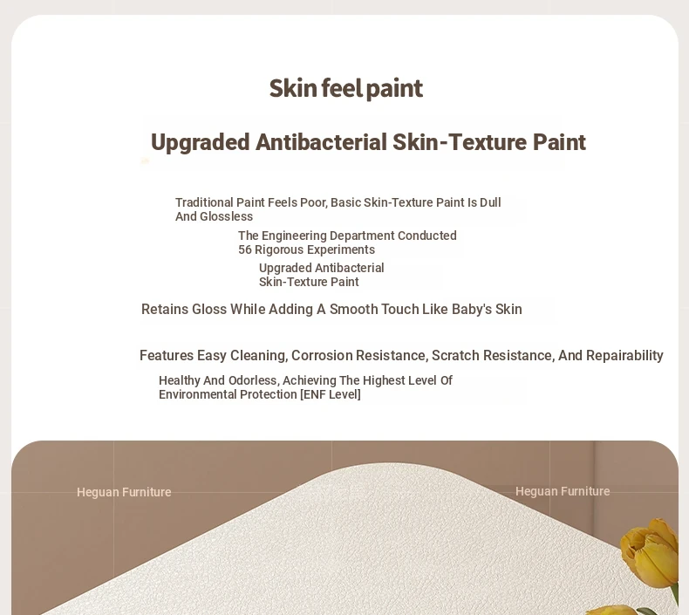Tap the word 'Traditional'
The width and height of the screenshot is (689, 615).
coord(204,202)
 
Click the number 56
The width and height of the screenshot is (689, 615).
coord(245,249)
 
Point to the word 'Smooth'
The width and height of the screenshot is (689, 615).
coord(353,309)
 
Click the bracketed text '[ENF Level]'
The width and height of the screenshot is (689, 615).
coord(331,394)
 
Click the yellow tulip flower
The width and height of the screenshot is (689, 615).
coord(650,551)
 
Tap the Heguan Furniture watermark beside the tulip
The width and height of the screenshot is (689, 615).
coord(563,491)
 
